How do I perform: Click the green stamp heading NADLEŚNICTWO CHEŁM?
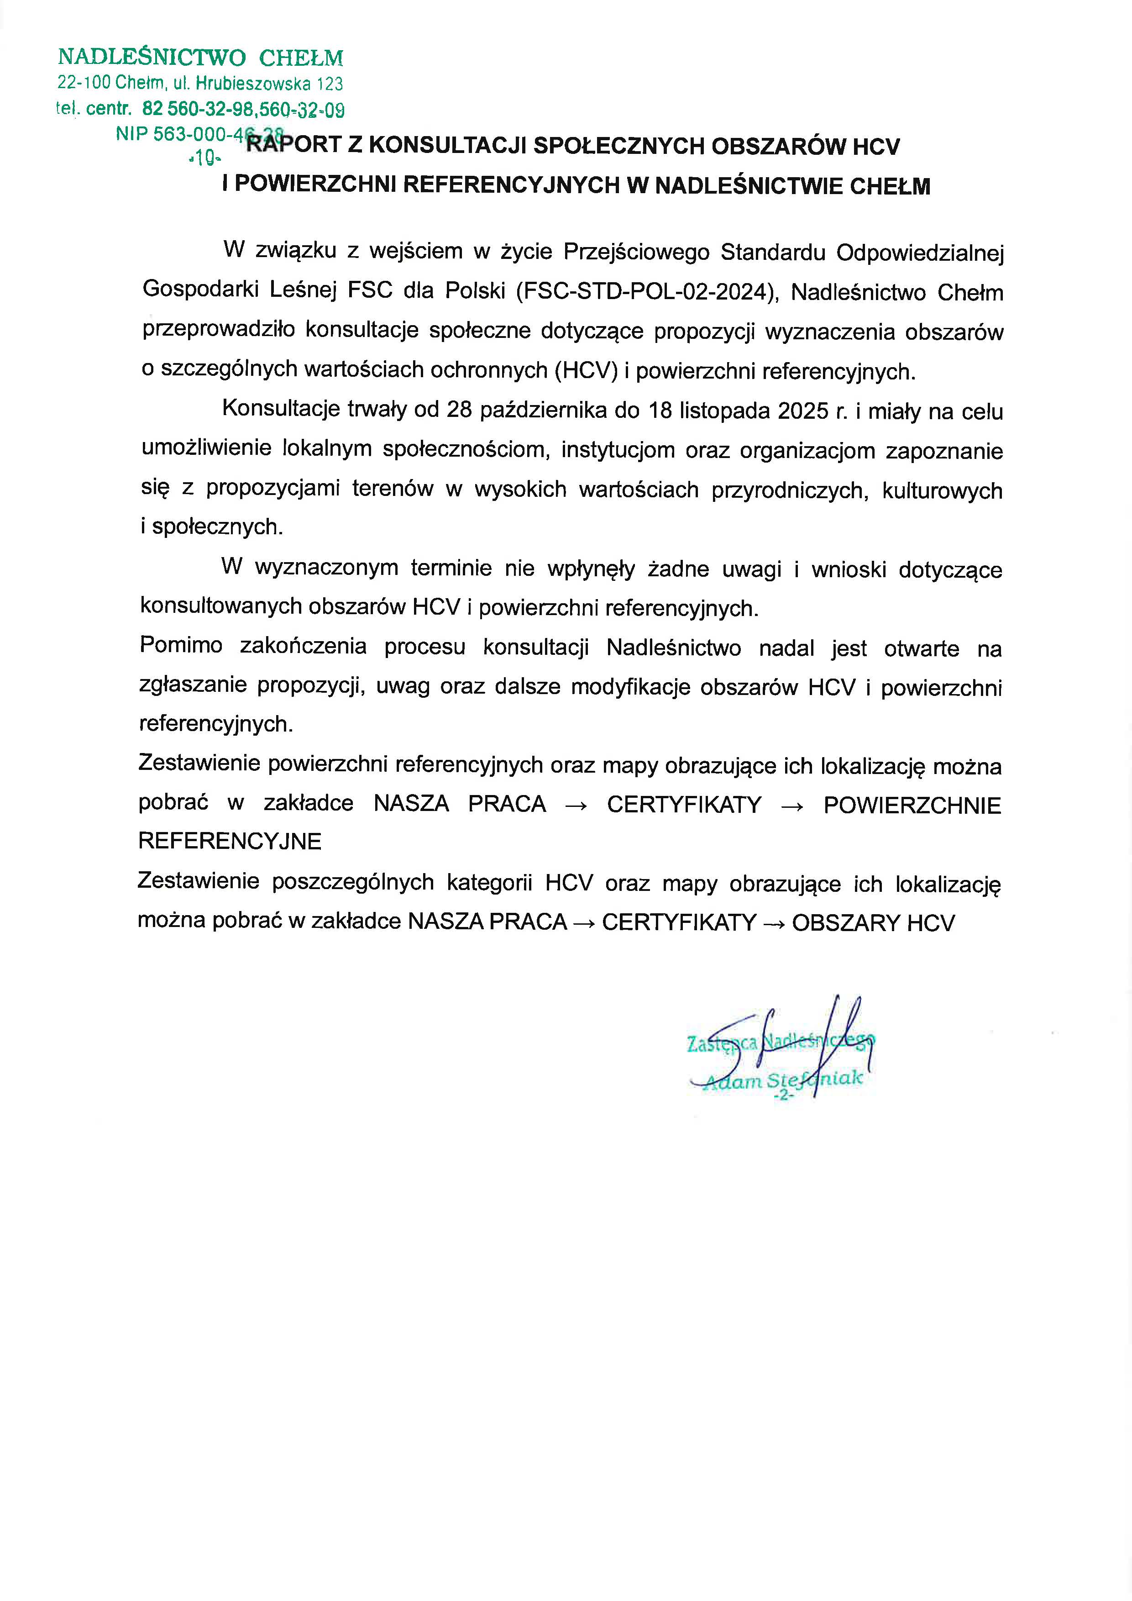click(200, 57)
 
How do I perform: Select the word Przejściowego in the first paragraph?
click(636, 252)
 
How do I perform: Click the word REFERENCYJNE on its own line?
click(230, 841)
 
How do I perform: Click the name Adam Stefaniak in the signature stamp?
click(783, 1081)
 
